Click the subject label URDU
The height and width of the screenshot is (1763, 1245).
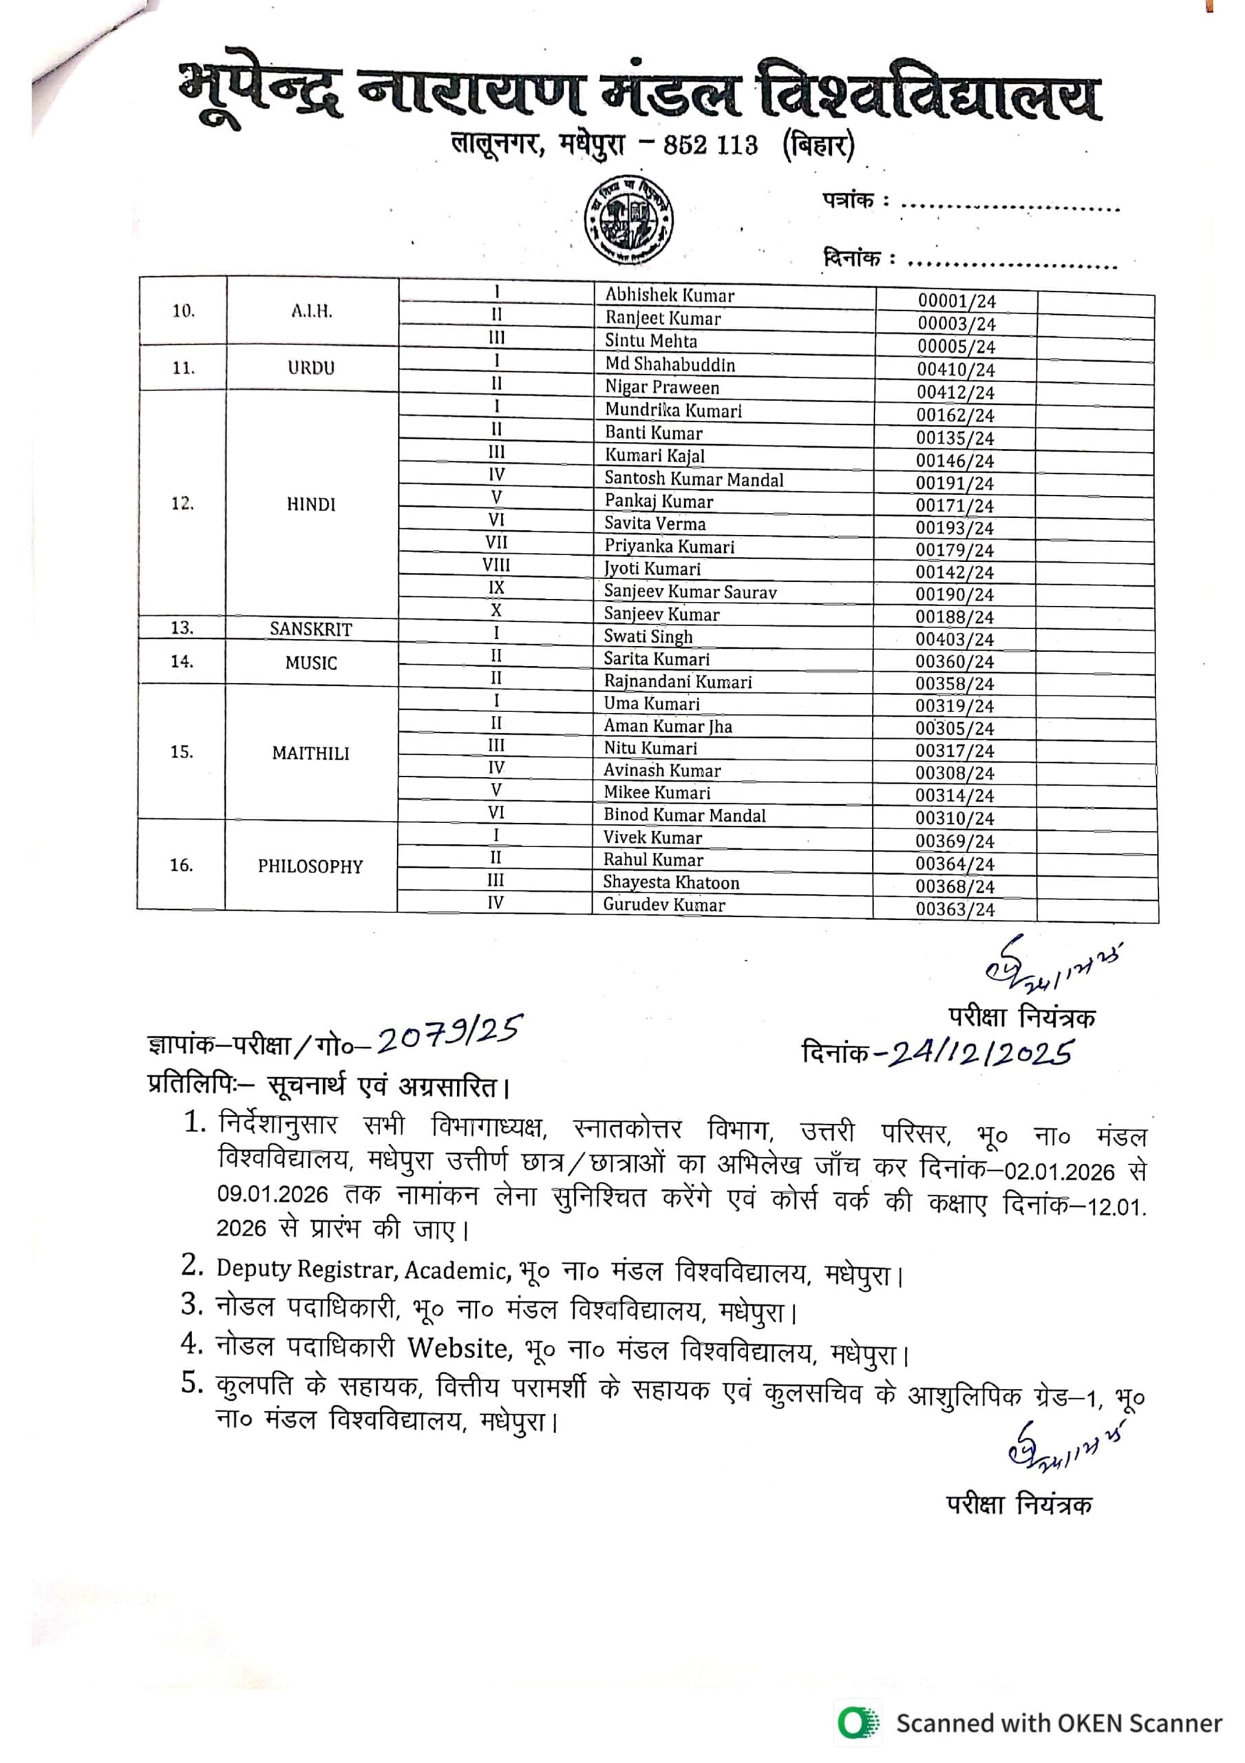click(311, 368)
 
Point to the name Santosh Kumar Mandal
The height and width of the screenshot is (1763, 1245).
click(693, 479)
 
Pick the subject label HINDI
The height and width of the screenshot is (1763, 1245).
click(311, 505)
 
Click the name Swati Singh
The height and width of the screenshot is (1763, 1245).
click(648, 636)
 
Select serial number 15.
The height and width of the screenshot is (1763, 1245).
click(181, 752)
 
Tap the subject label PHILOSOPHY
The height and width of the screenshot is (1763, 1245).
click(310, 866)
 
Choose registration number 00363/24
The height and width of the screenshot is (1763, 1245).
click(954, 909)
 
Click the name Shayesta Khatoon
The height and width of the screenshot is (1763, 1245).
click(670, 882)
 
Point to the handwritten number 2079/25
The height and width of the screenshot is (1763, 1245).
click(449, 1036)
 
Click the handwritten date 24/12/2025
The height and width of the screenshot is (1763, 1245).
click(979, 1053)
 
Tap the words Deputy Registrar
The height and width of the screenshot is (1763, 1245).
click(305, 1268)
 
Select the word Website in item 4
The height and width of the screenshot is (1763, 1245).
click(458, 1347)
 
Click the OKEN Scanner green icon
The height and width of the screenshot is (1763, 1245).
click(858, 1722)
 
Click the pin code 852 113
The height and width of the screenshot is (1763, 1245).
click(710, 145)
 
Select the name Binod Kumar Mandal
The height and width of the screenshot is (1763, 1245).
click(684, 815)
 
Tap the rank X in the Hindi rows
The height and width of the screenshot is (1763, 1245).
click(496, 610)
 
